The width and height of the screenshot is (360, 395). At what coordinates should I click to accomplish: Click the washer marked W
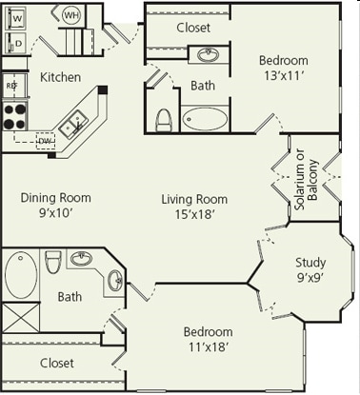click(17, 18)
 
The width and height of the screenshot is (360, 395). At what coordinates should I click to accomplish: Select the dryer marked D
click(17, 43)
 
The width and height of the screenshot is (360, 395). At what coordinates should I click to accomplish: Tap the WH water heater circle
click(71, 15)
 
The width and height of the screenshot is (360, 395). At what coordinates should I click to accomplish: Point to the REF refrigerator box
click(12, 86)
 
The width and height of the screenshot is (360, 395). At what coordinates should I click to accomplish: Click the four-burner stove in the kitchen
click(13, 115)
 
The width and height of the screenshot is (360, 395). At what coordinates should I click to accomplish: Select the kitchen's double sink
click(72, 122)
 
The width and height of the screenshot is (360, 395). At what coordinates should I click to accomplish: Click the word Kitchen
click(60, 76)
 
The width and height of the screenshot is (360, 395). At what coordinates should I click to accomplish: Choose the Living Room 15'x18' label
click(193, 206)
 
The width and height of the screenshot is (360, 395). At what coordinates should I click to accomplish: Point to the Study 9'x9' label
click(310, 270)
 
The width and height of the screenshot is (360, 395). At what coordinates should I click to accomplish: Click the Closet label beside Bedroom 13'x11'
click(193, 28)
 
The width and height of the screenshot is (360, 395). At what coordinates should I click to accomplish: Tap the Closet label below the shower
click(56, 363)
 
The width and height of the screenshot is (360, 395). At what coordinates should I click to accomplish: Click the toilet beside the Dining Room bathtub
click(53, 261)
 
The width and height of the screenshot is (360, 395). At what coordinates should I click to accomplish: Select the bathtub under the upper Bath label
click(206, 119)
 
